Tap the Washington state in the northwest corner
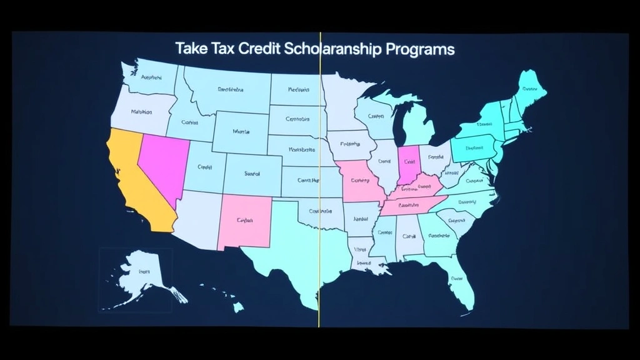(x=150, y=78)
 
